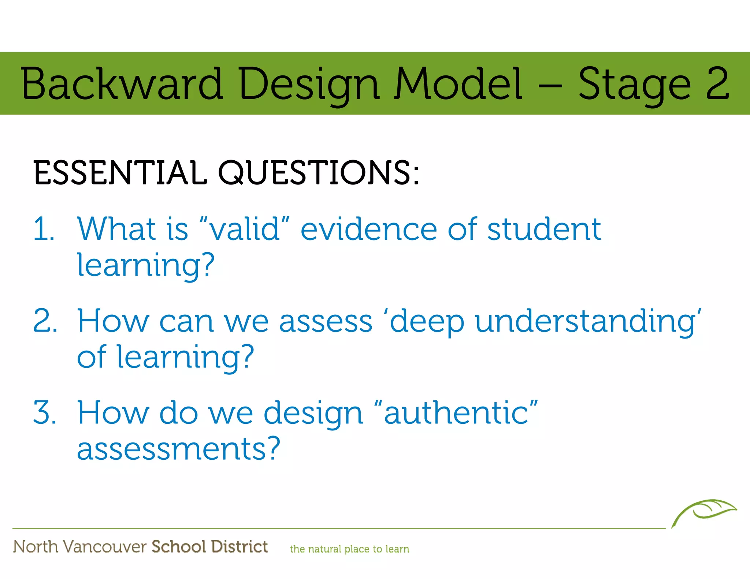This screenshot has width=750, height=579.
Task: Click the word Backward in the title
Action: tap(122, 84)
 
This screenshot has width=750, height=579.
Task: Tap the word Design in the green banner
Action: tap(309, 85)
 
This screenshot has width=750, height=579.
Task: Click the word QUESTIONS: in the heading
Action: tap(318, 173)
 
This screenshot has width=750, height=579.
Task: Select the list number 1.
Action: tap(44, 229)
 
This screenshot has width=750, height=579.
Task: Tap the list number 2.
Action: tap(45, 321)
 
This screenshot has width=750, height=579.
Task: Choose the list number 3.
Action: tap(45, 413)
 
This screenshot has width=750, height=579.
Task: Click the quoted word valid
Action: tap(245, 229)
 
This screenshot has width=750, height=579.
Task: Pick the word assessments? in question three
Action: tap(179, 449)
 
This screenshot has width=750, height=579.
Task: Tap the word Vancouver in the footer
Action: tap(105, 547)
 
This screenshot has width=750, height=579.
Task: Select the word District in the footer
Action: tap(240, 547)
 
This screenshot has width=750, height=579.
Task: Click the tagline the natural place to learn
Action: tap(349, 549)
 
